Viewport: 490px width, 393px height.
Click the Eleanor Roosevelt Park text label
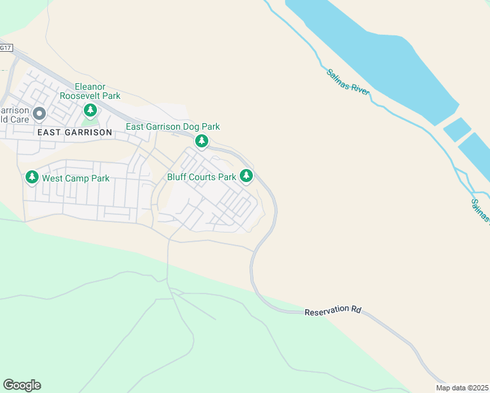coord(89,91)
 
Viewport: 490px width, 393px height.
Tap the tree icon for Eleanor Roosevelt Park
coord(90,108)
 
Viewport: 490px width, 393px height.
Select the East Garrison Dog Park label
coord(172,126)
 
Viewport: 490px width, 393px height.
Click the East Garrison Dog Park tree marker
coord(202,141)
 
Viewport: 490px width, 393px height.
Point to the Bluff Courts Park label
coord(201,177)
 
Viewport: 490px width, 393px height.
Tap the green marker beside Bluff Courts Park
coord(246,176)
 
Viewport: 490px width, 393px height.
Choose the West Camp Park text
coord(75,178)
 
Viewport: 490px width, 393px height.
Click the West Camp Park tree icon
coord(31,178)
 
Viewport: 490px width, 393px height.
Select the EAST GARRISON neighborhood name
coord(75,132)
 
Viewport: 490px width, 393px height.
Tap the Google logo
coord(22,384)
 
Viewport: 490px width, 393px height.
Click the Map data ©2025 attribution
coord(462,388)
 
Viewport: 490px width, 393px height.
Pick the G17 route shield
coord(6,48)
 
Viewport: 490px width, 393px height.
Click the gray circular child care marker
coord(39,115)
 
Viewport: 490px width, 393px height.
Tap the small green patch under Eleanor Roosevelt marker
coord(90,121)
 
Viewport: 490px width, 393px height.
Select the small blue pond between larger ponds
coord(457,129)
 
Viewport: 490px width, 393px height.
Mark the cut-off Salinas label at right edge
coord(480,211)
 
